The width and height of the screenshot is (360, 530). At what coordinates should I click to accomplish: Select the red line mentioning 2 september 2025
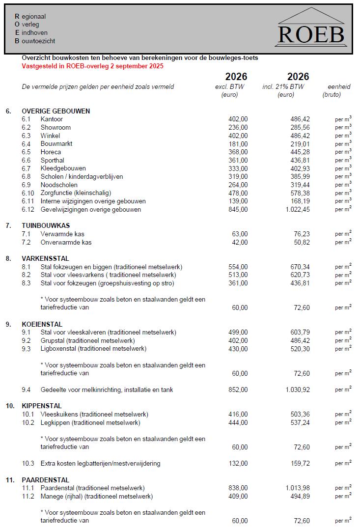(x=93, y=66)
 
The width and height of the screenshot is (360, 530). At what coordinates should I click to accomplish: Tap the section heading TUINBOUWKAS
(x=46, y=226)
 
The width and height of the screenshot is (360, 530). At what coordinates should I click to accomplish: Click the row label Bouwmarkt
(x=56, y=144)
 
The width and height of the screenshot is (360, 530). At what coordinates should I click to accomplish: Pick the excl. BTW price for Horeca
(x=238, y=152)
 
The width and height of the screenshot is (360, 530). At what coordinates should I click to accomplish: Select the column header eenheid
(x=338, y=87)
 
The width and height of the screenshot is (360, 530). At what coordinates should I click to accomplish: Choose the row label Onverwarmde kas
(x=66, y=243)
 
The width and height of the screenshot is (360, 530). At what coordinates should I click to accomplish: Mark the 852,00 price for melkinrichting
(x=238, y=390)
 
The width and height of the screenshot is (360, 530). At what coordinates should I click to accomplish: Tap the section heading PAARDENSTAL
(x=45, y=480)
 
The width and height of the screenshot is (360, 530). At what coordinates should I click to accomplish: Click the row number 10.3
(x=28, y=464)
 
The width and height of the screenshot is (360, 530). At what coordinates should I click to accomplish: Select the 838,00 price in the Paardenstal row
(x=238, y=488)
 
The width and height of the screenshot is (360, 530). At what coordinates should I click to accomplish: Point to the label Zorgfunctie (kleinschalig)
(x=76, y=193)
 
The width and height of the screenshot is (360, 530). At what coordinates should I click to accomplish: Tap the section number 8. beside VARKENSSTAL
(x=8, y=259)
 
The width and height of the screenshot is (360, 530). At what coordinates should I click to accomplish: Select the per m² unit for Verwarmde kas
(x=343, y=234)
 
